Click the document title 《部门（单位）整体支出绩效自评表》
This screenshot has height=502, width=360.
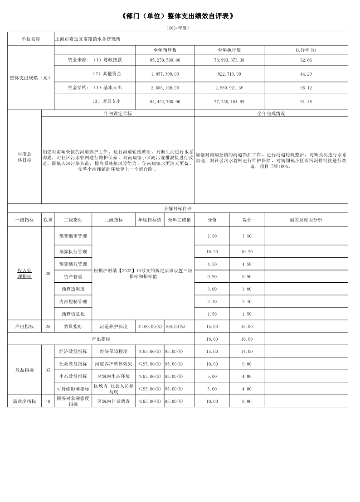[180, 16]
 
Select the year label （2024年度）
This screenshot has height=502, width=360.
[178, 28]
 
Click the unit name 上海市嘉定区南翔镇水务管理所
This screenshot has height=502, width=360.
[88, 39]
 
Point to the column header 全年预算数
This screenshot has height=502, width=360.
[165, 49]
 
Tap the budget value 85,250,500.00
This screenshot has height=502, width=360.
[165, 60]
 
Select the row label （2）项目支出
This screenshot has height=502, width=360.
[107, 101]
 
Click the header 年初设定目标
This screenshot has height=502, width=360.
[118, 114]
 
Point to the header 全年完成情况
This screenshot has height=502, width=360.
[271, 114]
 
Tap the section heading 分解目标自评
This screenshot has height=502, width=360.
[178, 208]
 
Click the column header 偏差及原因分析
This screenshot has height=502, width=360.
[306, 220]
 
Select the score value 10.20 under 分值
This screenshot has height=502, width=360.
[212, 251]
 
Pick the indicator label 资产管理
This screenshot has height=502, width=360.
[73, 276]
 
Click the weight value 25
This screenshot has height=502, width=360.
[48, 326]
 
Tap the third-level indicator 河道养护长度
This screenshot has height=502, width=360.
[113, 326]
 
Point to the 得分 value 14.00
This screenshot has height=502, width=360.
[247, 351]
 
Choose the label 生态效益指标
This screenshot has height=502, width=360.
[73, 376]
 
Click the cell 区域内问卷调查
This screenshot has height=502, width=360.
[113, 401]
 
